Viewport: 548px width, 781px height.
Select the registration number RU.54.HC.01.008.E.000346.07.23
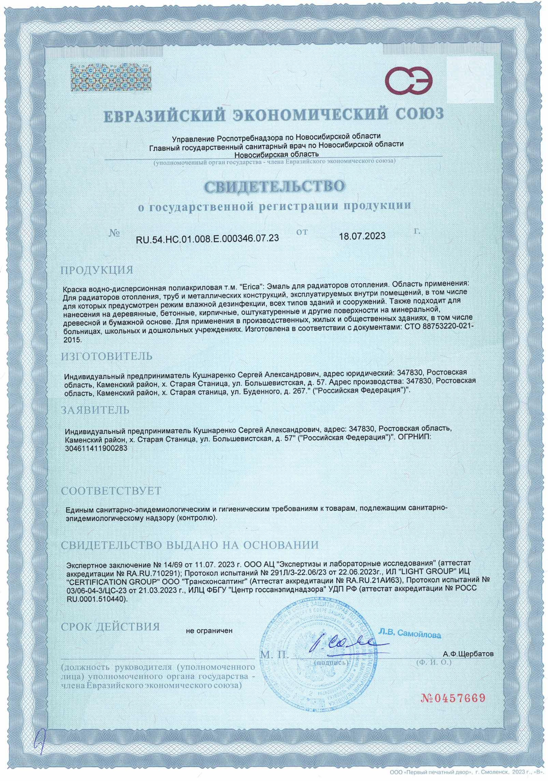207,237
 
